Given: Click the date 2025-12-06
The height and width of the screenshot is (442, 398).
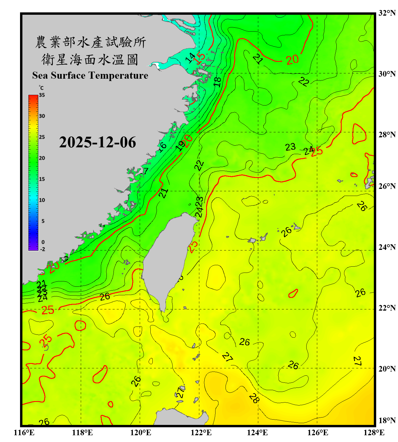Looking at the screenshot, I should point(97,142).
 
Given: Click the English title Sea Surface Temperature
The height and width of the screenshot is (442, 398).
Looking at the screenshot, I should point(90,75).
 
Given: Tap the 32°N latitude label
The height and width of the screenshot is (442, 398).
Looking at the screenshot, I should point(387,13).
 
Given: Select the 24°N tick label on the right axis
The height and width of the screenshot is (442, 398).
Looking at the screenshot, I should point(387,247).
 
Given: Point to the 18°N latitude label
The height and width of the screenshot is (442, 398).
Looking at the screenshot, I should point(387,420).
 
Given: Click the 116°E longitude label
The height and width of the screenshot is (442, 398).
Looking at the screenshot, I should point(24,433).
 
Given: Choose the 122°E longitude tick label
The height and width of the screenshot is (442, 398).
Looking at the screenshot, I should point(201,433).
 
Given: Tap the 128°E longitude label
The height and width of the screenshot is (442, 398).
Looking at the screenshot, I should point(374,433).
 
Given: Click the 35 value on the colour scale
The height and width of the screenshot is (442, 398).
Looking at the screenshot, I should point(42,95).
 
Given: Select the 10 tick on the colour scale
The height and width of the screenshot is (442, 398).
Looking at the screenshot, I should point(42,200).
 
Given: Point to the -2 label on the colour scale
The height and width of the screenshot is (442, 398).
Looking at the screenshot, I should point(42,249).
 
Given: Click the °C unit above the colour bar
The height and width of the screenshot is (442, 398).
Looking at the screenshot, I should point(41,88).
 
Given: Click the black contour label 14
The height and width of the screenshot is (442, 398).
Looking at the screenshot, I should point(190,58).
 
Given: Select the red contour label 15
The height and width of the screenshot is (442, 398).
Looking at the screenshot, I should point(200,57).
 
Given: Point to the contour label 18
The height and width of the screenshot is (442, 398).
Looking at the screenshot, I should point(218,82).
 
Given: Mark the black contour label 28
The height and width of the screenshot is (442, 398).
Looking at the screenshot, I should point(254,398).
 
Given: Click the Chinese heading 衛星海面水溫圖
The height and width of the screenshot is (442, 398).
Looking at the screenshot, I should point(90,60).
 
